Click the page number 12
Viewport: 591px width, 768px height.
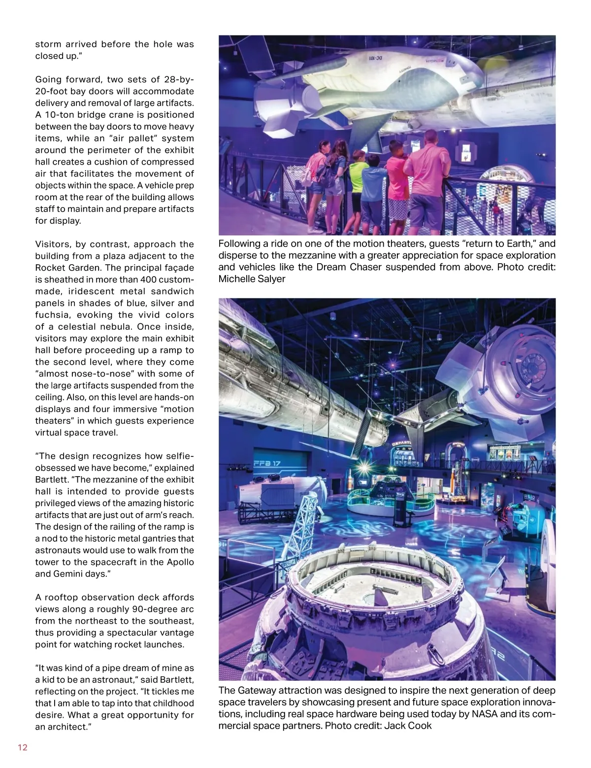click(x=23, y=747)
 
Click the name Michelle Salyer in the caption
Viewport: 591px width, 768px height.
click(x=252, y=279)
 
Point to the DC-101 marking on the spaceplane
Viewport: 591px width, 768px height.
click(x=375, y=58)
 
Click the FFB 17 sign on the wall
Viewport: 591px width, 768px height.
click(x=266, y=463)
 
